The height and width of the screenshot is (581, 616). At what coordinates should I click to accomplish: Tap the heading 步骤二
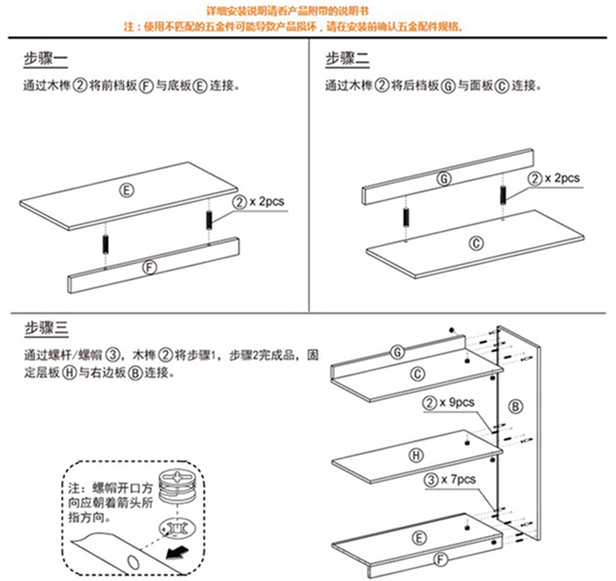pyautogui.click(x=348, y=59)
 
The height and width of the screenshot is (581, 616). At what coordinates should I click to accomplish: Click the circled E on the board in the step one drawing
pyautogui.click(x=126, y=191)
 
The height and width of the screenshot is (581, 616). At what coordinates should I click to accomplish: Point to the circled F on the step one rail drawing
pyautogui.click(x=149, y=267)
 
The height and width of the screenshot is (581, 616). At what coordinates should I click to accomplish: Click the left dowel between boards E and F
pyautogui.click(x=105, y=245)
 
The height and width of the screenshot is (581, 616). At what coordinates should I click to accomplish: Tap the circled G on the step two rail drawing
pyautogui.click(x=444, y=178)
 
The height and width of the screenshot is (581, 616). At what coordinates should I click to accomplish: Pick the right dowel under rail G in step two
pyautogui.click(x=502, y=197)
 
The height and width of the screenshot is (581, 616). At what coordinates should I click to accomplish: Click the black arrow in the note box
pyautogui.click(x=175, y=548)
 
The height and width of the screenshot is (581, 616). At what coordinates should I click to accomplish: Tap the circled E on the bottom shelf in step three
pyautogui.click(x=419, y=538)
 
